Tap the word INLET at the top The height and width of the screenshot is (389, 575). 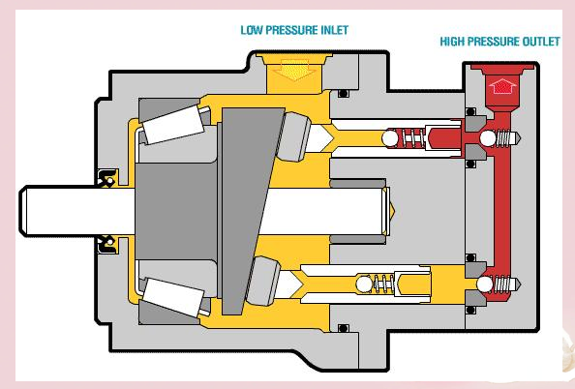(x=334, y=30)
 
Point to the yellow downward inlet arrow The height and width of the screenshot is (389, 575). (x=293, y=70)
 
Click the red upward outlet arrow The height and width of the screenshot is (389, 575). (x=502, y=86)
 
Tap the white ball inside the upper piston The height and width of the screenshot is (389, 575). (x=389, y=138)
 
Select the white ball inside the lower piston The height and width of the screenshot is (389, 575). (x=364, y=284)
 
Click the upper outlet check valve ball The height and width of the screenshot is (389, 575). (x=488, y=138)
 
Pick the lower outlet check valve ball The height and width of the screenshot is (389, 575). (x=485, y=284)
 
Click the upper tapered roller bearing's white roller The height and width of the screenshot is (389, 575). (x=173, y=125)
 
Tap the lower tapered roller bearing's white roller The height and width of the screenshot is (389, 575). (x=173, y=297)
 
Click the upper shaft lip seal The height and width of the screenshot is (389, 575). (x=107, y=177)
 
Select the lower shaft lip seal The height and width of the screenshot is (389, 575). (x=107, y=245)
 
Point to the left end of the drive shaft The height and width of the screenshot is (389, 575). (x=20, y=211)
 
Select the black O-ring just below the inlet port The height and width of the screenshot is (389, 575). (x=344, y=94)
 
